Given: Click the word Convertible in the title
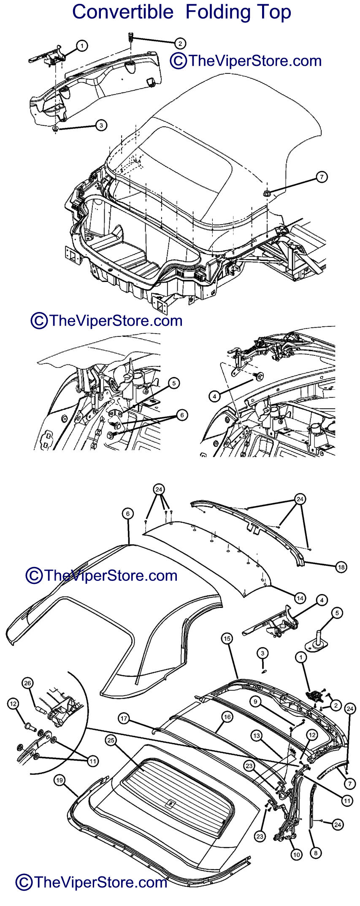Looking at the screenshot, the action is click(123, 12).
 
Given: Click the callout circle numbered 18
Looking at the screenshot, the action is click(341, 567).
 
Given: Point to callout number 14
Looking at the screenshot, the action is click(300, 598).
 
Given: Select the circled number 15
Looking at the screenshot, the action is click(227, 639).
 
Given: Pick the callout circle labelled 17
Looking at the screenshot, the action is click(123, 717).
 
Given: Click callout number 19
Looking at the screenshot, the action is click(60, 781).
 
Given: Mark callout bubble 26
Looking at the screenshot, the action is click(28, 683).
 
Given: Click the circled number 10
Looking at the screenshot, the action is click(296, 855).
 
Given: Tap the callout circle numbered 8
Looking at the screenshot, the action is click(315, 852).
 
